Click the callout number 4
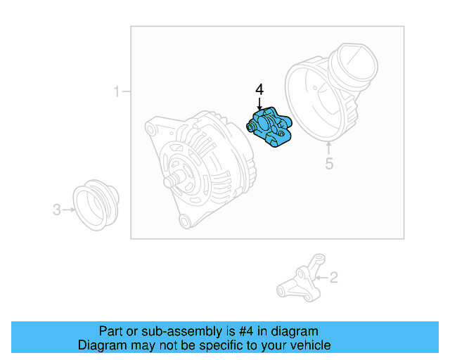point(259,90)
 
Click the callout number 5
point(328,165)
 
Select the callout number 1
point(117,91)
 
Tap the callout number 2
point(333,278)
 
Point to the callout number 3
point(56,209)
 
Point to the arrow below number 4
point(259,104)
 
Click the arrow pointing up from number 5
point(328,148)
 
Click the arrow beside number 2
point(321,278)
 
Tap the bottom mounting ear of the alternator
point(185,222)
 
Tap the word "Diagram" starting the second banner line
point(102,345)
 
